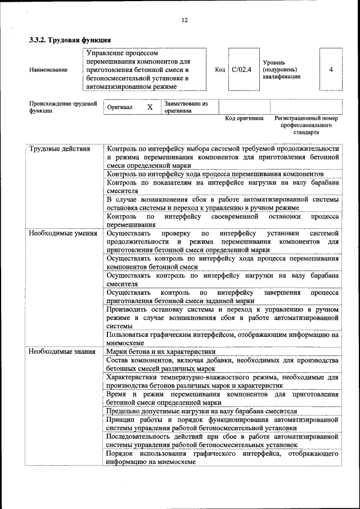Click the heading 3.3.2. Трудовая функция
(x=70, y=40)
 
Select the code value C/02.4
(x=241, y=70)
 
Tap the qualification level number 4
(x=331, y=70)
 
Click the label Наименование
(x=48, y=70)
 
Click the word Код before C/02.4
(x=220, y=70)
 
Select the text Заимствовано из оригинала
(x=186, y=107)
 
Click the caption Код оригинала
(x=244, y=119)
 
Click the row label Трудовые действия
(x=59, y=149)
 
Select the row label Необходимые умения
(x=63, y=233)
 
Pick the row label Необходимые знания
(x=62, y=352)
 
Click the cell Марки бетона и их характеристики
(x=161, y=352)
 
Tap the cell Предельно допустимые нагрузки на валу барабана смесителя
(x=201, y=411)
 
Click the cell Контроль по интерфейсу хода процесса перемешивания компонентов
(x=215, y=174)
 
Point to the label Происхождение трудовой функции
(x=63, y=107)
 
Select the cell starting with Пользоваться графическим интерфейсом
(x=222, y=339)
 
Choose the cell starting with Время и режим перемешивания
(x=222, y=399)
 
